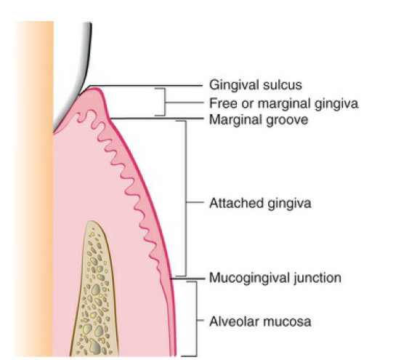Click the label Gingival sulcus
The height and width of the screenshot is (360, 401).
click(x=256, y=85)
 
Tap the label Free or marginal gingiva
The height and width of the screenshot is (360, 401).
click(x=283, y=103)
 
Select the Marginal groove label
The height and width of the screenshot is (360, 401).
click(x=259, y=119)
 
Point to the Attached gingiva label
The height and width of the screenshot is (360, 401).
click(x=260, y=204)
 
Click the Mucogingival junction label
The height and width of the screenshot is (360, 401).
click(x=275, y=278)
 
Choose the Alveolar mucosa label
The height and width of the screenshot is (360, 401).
click(x=260, y=321)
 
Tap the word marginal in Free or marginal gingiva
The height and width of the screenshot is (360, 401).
click(x=284, y=104)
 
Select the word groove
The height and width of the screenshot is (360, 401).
click(x=287, y=120)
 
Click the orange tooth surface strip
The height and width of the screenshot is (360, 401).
click(x=34, y=189)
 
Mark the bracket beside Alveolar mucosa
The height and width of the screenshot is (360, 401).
click(x=196, y=319)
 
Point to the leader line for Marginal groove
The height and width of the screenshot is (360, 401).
click(x=156, y=119)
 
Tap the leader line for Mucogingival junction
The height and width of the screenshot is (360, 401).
click(x=188, y=279)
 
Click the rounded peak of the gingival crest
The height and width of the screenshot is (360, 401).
click(x=94, y=89)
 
